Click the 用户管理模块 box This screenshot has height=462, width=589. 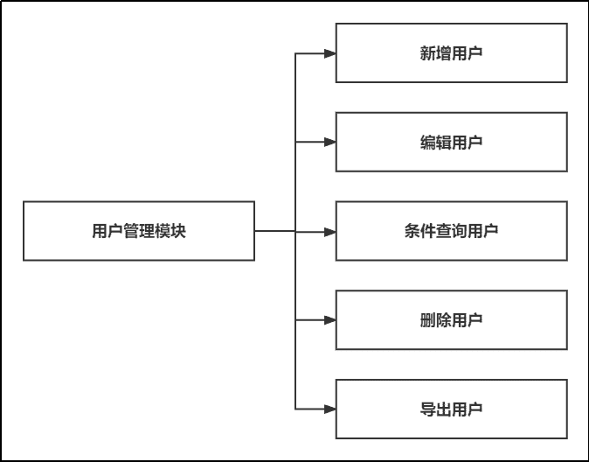point(138,231)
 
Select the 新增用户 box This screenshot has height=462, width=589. point(451,53)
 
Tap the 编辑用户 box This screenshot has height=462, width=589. point(451,142)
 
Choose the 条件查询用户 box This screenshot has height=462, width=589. point(451,231)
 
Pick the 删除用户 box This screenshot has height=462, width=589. point(451,320)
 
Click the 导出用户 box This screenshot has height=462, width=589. point(451,409)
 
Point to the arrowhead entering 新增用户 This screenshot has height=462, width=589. point(329,53)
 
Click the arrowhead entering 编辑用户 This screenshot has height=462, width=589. point(329,142)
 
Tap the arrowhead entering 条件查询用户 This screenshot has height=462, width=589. point(329,232)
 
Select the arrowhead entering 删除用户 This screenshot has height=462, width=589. point(329,320)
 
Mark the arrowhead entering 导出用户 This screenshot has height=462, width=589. point(329,409)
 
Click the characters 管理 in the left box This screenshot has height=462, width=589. point(139,231)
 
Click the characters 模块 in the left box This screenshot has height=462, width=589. point(170,231)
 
